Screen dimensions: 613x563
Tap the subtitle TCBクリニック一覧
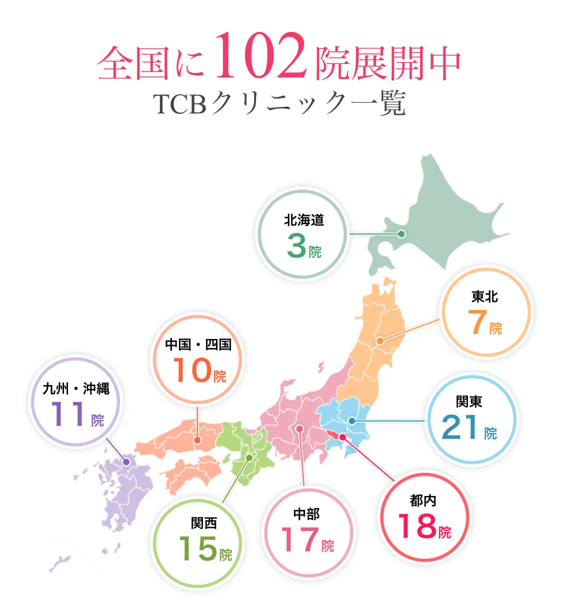279,103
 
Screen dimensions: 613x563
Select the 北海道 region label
304,220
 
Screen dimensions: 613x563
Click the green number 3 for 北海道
296,246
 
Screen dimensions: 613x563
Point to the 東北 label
484,297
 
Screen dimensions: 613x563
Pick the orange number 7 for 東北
477,322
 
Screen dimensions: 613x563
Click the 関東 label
469,401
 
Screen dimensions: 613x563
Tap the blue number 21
460,427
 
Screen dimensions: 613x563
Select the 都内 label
423,500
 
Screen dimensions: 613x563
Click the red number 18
417,526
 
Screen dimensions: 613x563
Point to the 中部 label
306,513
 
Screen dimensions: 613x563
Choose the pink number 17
300,540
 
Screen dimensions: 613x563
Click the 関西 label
204,523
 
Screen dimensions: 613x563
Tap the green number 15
198,549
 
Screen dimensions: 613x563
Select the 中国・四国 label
198,344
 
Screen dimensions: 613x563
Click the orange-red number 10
192,370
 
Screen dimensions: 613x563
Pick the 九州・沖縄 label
76,388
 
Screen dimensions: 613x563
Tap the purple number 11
67,414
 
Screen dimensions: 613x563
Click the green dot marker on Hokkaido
401,233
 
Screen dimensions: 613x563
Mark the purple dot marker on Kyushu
126,462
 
